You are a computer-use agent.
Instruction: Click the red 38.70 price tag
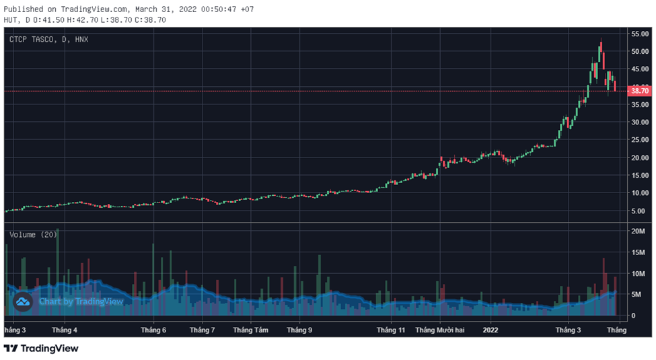click(639, 91)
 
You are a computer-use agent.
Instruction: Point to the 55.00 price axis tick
click(639, 34)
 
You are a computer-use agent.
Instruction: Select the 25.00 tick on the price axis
click(639, 140)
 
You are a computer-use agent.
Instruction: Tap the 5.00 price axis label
click(639, 211)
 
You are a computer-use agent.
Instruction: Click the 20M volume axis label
click(638, 231)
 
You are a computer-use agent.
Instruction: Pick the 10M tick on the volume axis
click(638, 273)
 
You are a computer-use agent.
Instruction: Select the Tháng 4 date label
click(65, 330)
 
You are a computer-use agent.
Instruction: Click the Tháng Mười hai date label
click(440, 330)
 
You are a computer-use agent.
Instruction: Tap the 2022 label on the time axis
click(490, 330)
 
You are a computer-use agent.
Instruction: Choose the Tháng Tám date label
click(250, 330)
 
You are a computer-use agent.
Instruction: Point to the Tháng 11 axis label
click(391, 330)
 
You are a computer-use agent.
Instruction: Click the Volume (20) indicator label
click(33, 234)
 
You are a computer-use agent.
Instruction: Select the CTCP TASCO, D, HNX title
click(48, 40)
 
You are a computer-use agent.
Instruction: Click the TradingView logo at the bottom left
click(41, 349)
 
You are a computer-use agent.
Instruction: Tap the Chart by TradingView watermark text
click(81, 301)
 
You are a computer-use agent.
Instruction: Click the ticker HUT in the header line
click(11, 20)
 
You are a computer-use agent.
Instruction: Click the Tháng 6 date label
click(153, 330)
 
